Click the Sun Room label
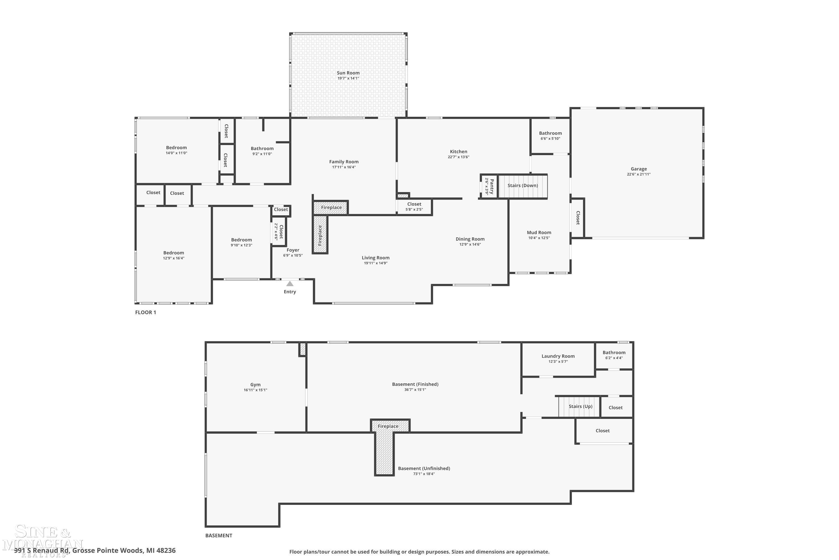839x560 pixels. click(348, 73)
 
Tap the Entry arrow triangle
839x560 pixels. click(290, 284)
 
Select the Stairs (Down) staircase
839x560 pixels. click(523, 186)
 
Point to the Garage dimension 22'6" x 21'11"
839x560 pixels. click(638, 174)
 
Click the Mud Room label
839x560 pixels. click(539, 232)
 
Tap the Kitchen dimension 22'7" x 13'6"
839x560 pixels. click(458, 157)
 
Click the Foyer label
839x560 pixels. click(293, 250)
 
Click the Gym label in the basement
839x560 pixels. click(255, 385)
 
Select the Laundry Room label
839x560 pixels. click(558, 356)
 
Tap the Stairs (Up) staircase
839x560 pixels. click(580, 407)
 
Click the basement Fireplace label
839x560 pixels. click(388, 426)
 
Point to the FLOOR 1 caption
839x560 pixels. click(145, 312)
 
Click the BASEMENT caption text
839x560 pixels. click(219, 535)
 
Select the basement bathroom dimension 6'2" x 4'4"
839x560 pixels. click(614, 358)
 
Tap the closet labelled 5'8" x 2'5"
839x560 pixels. click(414, 206)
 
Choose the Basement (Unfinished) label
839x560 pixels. click(424, 468)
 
